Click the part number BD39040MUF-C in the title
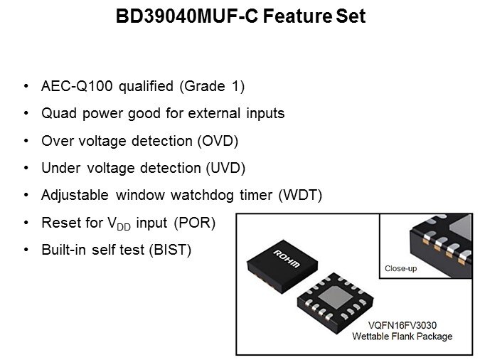[187, 16]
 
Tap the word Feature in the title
[297, 16]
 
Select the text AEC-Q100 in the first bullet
[77, 86]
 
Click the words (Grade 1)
[212, 86]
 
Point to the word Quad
[59, 113]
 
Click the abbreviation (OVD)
[218, 141]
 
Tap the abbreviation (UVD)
[225, 168]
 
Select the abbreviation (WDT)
[300, 195]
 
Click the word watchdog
[202, 196]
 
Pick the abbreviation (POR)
[195, 223]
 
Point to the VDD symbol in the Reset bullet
[119, 223]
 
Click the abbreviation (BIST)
[170, 250]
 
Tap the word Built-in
[63, 250]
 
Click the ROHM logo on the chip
[287, 259]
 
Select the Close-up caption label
[401, 269]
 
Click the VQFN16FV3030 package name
[402, 325]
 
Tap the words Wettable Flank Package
[402, 337]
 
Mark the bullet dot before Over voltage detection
[26, 141]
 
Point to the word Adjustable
[75, 196]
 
